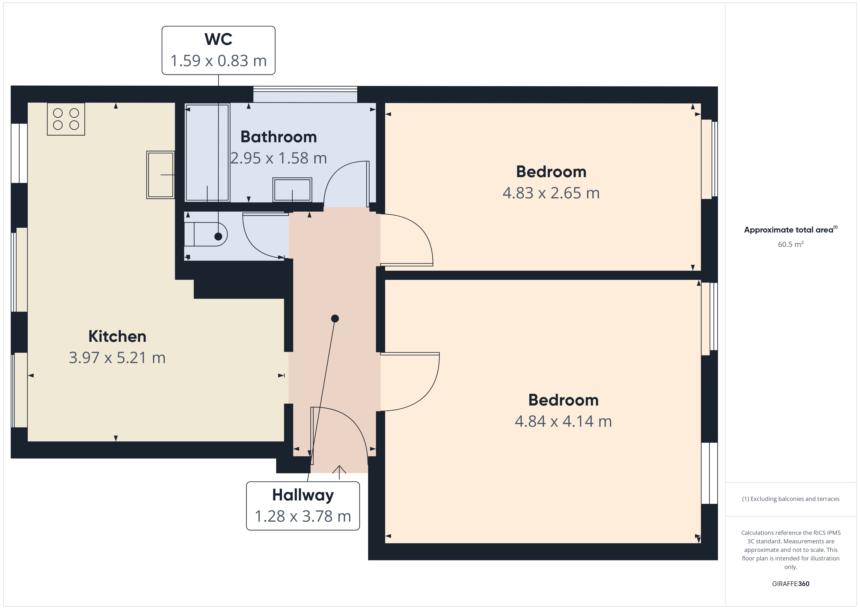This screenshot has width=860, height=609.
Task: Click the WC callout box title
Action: coord(218,39)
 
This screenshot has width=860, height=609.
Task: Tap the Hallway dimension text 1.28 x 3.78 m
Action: coord(303,516)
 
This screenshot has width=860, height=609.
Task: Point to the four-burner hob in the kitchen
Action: coord(66,119)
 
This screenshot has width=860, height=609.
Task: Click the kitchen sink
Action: coord(160,175)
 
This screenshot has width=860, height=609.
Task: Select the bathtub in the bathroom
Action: coord(207,153)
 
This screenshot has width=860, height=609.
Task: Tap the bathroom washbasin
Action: coord(292,190)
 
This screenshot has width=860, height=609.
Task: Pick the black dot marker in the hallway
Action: coord(335,318)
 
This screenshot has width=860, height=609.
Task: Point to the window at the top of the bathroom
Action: coord(305,94)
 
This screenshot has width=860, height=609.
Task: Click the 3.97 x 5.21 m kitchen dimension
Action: coord(117,357)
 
